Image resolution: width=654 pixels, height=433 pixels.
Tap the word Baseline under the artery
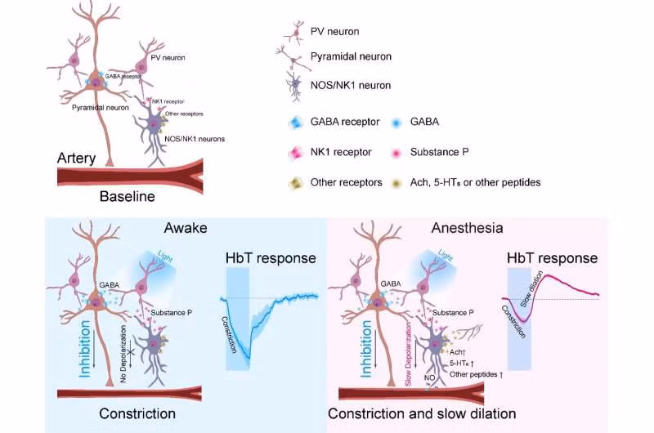126,196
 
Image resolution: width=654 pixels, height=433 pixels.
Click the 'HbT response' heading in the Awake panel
270,258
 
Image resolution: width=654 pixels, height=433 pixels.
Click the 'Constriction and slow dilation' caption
422,414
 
